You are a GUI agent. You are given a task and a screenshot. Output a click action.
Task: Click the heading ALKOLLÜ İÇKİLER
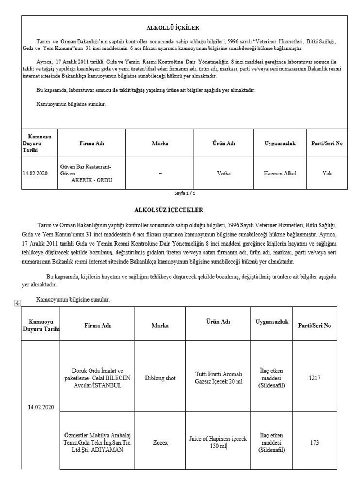click(172, 28)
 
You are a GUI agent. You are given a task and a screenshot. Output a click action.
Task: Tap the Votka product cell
click(224, 173)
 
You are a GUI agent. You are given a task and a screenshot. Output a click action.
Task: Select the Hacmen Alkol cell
click(280, 173)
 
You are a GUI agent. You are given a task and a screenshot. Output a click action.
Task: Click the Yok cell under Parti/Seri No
click(327, 173)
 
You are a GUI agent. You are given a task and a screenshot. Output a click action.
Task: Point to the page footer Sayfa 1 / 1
click(185, 193)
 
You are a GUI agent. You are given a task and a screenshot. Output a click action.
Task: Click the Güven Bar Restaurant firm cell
click(91, 173)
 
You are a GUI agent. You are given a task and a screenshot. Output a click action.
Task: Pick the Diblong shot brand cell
click(160, 378)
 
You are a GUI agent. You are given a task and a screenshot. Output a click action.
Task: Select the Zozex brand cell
click(160, 442)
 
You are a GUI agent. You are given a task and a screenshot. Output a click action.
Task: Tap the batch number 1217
click(314, 378)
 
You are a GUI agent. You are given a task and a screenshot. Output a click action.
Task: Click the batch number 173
click(314, 442)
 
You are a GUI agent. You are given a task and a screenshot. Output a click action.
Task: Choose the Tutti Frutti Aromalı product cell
click(219, 378)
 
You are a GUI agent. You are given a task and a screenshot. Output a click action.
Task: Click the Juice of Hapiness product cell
click(218, 442)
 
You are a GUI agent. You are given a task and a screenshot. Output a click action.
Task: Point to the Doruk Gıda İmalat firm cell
click(97, 378)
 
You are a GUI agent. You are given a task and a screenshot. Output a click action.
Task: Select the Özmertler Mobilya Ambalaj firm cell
click(97, 442)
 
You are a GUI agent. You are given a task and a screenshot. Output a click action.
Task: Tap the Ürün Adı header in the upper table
click(224, 143)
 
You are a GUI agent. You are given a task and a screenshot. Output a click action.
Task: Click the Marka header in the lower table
click(160, 326)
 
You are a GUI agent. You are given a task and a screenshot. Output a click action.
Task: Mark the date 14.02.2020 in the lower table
click(41, 407)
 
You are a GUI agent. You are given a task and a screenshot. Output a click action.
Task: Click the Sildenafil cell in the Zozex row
click(271, 442)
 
